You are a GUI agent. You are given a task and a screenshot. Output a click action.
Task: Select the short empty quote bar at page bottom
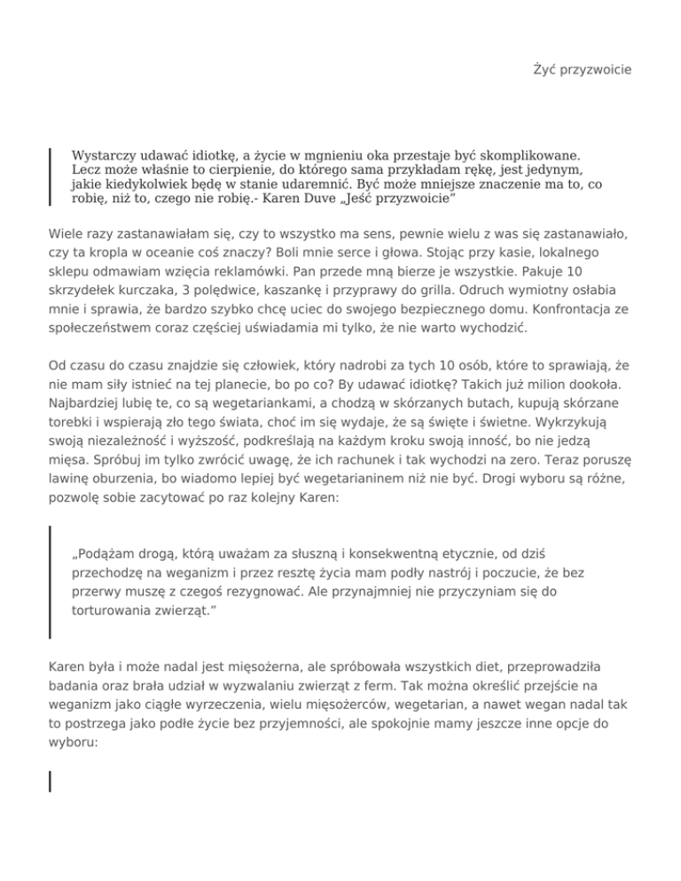(50, 780)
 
